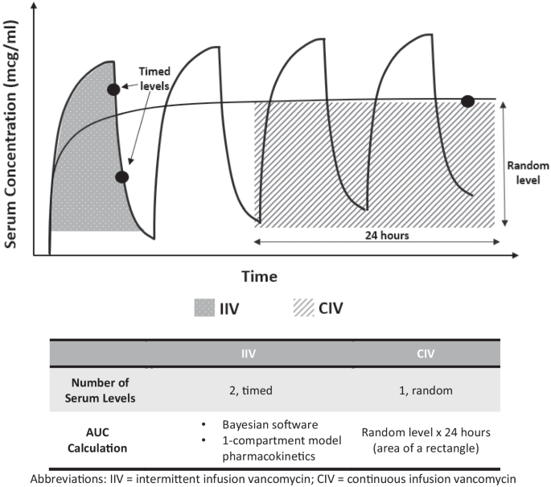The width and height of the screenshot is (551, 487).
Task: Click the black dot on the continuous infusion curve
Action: tap(467, 101)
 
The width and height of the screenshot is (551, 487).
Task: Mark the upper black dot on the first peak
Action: tap(114, 89)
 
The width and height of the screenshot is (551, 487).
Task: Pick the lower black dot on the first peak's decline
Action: tap(121, 177)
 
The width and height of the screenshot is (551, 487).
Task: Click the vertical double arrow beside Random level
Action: tap(504, 163)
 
